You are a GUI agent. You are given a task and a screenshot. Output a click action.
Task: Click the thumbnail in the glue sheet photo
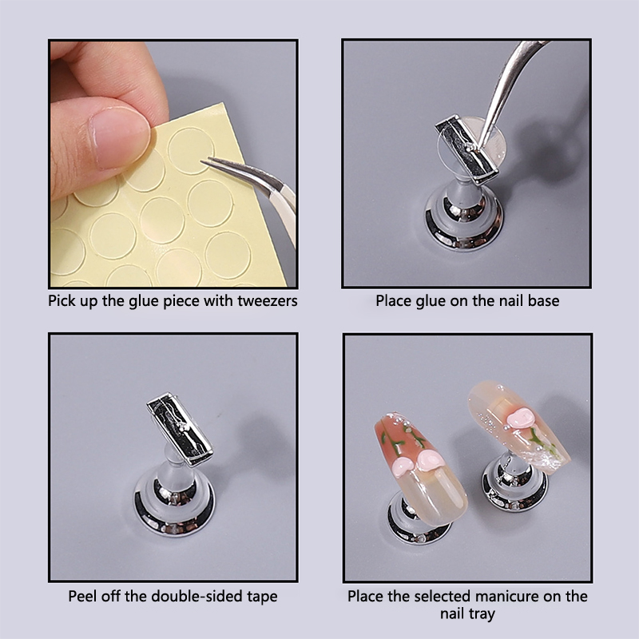(x=119, y=138)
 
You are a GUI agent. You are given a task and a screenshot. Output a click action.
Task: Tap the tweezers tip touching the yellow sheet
(x=202, y=161)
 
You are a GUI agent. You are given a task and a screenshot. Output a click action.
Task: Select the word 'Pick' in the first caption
(x=62, y=301)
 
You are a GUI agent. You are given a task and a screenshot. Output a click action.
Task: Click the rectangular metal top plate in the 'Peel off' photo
(x=180, y=429)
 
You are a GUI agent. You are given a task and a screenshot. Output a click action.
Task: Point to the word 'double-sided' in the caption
(x=197, y=596)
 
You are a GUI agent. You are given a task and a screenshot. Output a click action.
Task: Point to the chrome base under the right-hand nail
(x=514, y=489)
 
